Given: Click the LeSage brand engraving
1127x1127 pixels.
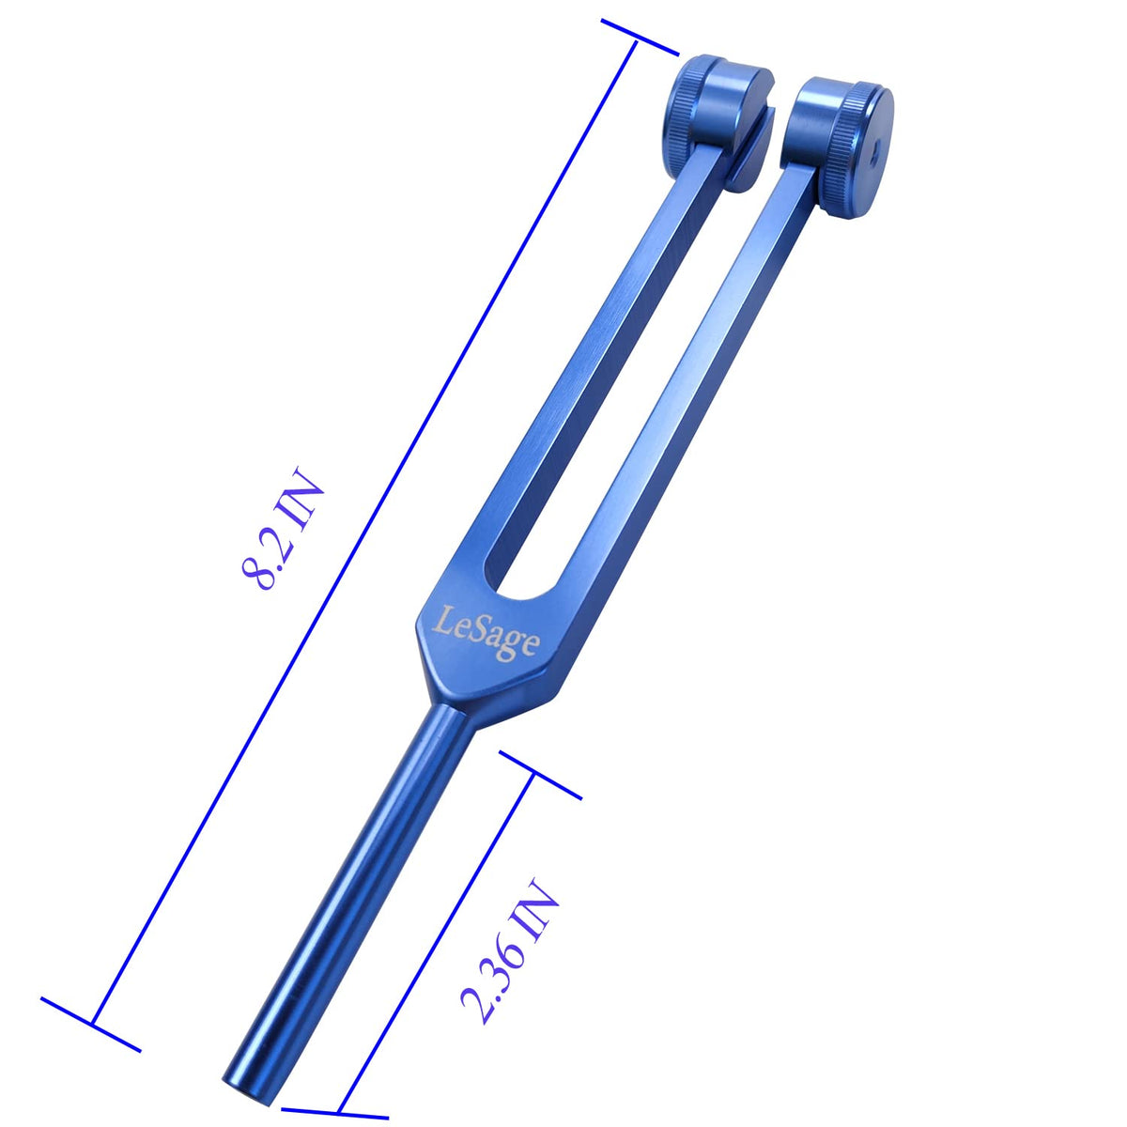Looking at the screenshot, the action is click(485, 633).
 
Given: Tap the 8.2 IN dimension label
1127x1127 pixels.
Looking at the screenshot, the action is click(282, 527).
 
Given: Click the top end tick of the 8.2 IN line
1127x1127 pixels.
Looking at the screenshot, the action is click(640, 38).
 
